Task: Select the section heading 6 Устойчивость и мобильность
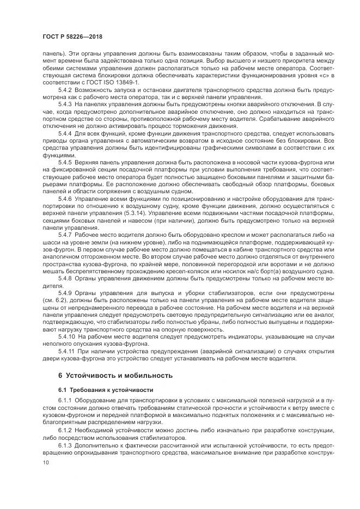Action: (115, 376)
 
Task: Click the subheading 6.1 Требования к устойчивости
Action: (105, 390)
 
